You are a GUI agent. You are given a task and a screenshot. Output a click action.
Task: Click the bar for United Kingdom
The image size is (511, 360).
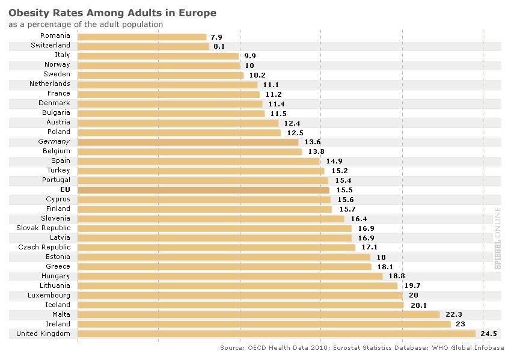pyautogui.click(x=277, y=334)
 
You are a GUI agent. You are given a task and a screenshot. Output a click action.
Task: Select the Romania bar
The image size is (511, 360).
pyautogui.click(x=142, y=37)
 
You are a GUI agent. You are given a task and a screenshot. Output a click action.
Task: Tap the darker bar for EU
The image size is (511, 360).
pyautogui.click(x=204, y=190)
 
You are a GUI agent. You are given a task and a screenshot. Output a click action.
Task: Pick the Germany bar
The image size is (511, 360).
pyautogui.click(x=188, y=142)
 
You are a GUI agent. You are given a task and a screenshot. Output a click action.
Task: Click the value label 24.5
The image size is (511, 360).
pyautogui.click(x=488, y=334)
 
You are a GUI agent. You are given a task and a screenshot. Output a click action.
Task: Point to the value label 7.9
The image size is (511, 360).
pyautogui.click(x=216, y=37)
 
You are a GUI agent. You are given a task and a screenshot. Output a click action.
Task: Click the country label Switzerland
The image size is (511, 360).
pyautogui.click(x=50, y=45)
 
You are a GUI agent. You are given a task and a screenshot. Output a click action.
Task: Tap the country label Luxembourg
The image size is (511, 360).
pyautogui.click(x=49, y=295)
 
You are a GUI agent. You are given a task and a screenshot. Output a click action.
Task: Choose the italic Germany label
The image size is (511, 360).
pyautogui.click(x=54, y=141)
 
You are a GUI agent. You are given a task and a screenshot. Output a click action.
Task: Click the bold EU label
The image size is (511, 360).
pyautogui.click(x=66, y=189)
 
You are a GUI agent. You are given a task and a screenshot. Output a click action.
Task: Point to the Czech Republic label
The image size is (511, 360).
pyautogui.click(x=44, y=247)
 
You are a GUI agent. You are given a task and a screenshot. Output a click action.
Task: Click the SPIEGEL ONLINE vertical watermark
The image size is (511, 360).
pyautogui.click(x=497, y=239)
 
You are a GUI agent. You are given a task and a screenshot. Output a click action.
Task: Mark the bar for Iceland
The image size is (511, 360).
pyautogui.click(x=240, y=305)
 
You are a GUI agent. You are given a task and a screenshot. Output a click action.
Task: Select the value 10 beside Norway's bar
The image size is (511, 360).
pyautogui.click(x=249, y=65)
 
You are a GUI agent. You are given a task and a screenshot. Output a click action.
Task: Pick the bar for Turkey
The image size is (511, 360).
pyautogui.click(x=201, y=171)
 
